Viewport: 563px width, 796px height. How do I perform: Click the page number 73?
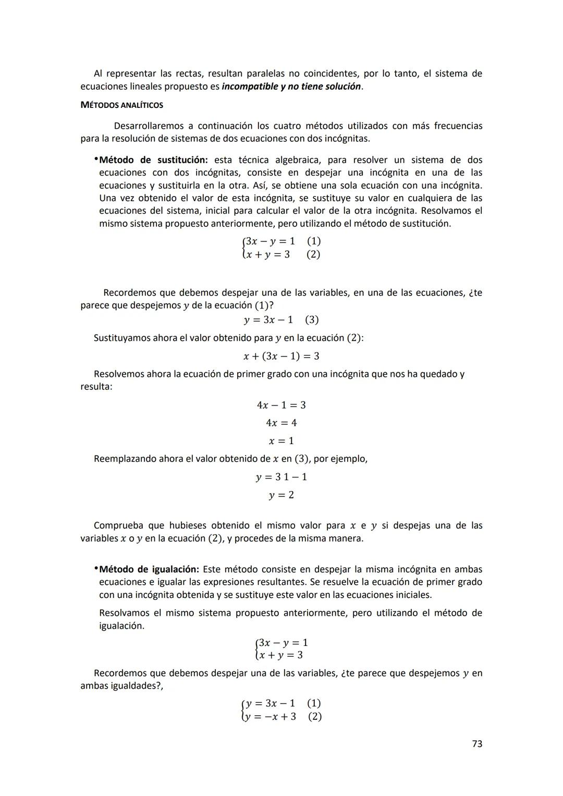(476, 744)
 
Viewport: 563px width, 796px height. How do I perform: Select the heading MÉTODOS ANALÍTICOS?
(121, 105)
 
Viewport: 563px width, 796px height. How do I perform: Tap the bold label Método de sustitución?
(153, 160)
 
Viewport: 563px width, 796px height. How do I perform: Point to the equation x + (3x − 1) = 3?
(281, 356)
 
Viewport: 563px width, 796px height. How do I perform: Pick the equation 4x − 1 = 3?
(281, 405)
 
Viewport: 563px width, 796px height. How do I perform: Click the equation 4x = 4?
(281, 423)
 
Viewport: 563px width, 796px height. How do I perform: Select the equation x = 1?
(281, 441)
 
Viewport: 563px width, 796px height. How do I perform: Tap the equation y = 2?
(281, 495)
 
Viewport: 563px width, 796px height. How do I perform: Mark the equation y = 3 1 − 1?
(281, 477)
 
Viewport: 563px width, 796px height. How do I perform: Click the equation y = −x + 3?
(271, 716)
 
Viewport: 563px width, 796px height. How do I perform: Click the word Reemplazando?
(125, 459)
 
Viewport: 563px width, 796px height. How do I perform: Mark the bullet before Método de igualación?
(96, 568)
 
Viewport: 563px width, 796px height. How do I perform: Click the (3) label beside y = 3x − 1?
(312, 320)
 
